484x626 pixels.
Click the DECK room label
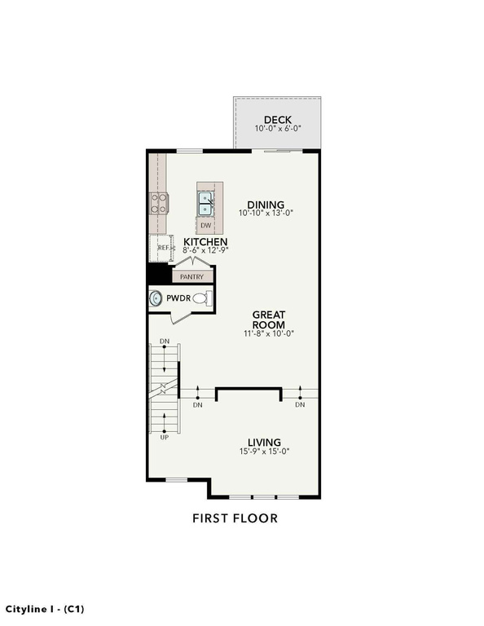[x=278, y=119]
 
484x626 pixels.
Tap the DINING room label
[x=266, y=205]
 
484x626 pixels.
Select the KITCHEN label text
[x=205, y=241]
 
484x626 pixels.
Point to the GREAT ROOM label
[x=269, y=320]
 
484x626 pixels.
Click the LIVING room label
[x=264, y=443]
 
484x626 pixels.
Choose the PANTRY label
[x=192, y=276]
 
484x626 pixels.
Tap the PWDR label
[x=178, y=298]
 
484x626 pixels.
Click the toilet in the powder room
[x=202, y=298]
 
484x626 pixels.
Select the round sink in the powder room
[x=155, y=298]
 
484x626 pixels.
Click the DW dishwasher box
[x=206, y=226]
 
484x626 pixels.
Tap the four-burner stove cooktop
[x=159, y=203]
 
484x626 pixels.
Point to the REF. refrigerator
[x=162, y=248]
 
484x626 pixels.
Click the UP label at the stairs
[x=165, y=437]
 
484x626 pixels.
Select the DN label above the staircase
[x=165, y=342]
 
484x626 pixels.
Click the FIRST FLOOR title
[x=235, y=518]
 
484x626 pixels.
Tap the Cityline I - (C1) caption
[x=45, y=609]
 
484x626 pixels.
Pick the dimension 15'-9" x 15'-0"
[x=264, y=452]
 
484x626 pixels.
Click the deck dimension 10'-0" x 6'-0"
[x=278, y=129]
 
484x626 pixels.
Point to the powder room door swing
[x=181, y=318]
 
